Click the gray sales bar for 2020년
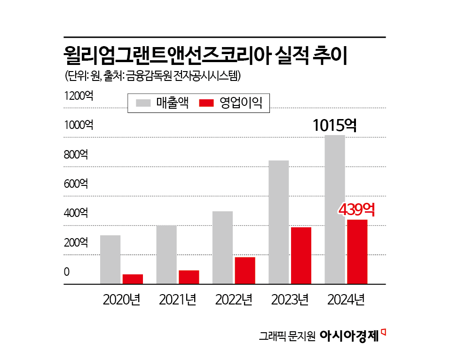(111, 259)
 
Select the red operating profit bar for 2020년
(133, 279)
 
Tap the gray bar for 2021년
(166, 255)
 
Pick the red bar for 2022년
(245, 271)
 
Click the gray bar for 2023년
(278, 222)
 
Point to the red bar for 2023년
(301, 256)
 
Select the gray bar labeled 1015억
(335, 209)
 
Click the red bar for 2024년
(357, 252)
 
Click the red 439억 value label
(356, 209)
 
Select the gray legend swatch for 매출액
(144, 103)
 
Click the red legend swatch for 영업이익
(207, 103)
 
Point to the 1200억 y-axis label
(79, 96)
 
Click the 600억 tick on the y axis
(76, 184)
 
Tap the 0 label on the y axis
(67, 272)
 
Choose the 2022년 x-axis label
(234, 299)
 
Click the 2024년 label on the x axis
(346, 299)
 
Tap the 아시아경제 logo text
(349, 336)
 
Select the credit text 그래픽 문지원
(286, 336)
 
